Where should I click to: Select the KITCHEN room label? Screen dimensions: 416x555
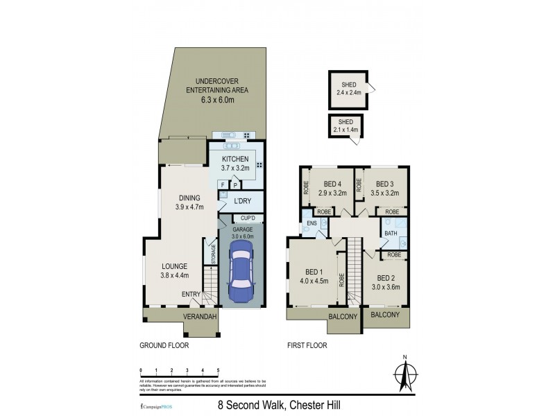click(x=235, y=159)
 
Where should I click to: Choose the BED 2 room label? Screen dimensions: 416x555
click(x=385, y=277)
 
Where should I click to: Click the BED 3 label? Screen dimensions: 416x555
click(x=380, y=184)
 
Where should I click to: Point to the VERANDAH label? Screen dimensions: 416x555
click(x=200, y=317)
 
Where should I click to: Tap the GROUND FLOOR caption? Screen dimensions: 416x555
click(x=164, y=345)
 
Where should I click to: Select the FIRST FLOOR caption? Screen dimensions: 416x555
click(x=307, y=345)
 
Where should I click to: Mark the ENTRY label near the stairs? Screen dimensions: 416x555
click(x=191, y=295)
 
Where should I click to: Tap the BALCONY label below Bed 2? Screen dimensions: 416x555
click(x=385, y=315)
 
